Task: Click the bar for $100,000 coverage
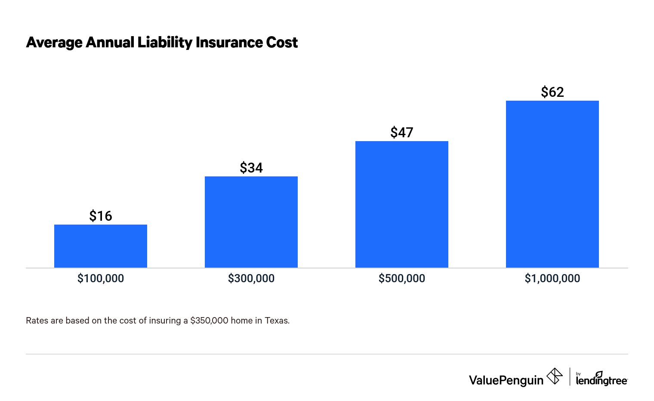coord(101,246)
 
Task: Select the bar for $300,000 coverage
coord(251,222)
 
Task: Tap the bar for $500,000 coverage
coord(402,204)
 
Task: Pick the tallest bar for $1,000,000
coord(552,184)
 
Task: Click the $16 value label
coord(101,216)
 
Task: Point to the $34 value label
coord(251,167)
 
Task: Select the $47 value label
coord(402,132)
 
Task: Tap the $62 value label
coord(552,92)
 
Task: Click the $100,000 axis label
coord(101,278)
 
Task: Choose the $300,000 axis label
coord(251,278)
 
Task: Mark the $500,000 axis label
coord(402,278)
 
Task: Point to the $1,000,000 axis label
coord(552,278)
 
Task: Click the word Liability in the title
coord(164,43)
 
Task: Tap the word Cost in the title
coord(282,43)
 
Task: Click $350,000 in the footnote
coord(209,321)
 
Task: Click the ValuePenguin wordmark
coord(506,380)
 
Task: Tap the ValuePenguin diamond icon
coord(554,376)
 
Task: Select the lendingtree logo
coord(602,379)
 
